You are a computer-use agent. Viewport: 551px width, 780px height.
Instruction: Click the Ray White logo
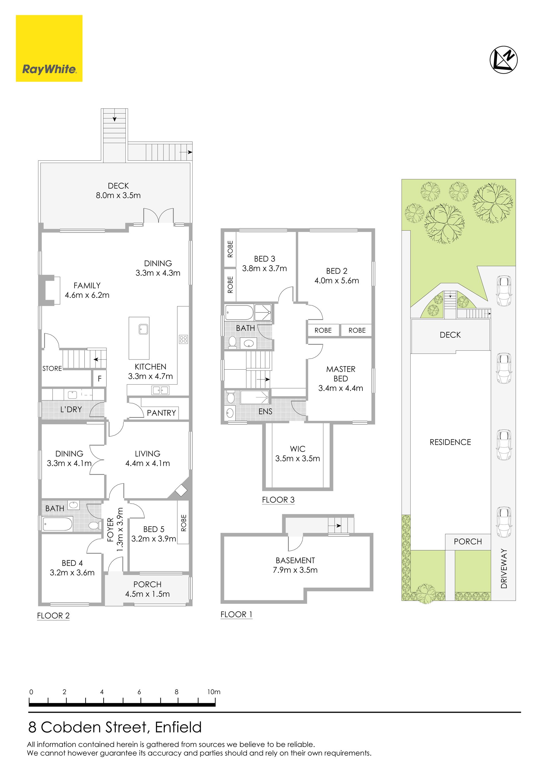coord(49,48)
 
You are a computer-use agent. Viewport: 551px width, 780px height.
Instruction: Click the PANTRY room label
coord(162,413)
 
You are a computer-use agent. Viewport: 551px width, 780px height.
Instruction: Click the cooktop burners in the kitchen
coord(184,339)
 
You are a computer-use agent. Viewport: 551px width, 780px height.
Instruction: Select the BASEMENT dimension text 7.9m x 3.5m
coord(295,570)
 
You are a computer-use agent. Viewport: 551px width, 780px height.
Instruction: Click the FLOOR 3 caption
coord(278,500)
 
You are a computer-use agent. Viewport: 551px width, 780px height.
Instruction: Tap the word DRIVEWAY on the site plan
coord(504,569)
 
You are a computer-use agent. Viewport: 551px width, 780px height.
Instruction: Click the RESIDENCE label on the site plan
coord(450,442)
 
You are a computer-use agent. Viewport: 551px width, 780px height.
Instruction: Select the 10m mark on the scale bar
coord(214,692)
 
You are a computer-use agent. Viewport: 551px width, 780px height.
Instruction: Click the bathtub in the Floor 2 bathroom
coord(58,524)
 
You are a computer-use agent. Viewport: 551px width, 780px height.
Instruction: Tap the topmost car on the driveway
coord(504,291)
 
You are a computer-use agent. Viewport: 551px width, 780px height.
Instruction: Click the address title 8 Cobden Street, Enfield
coord(115,727)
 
